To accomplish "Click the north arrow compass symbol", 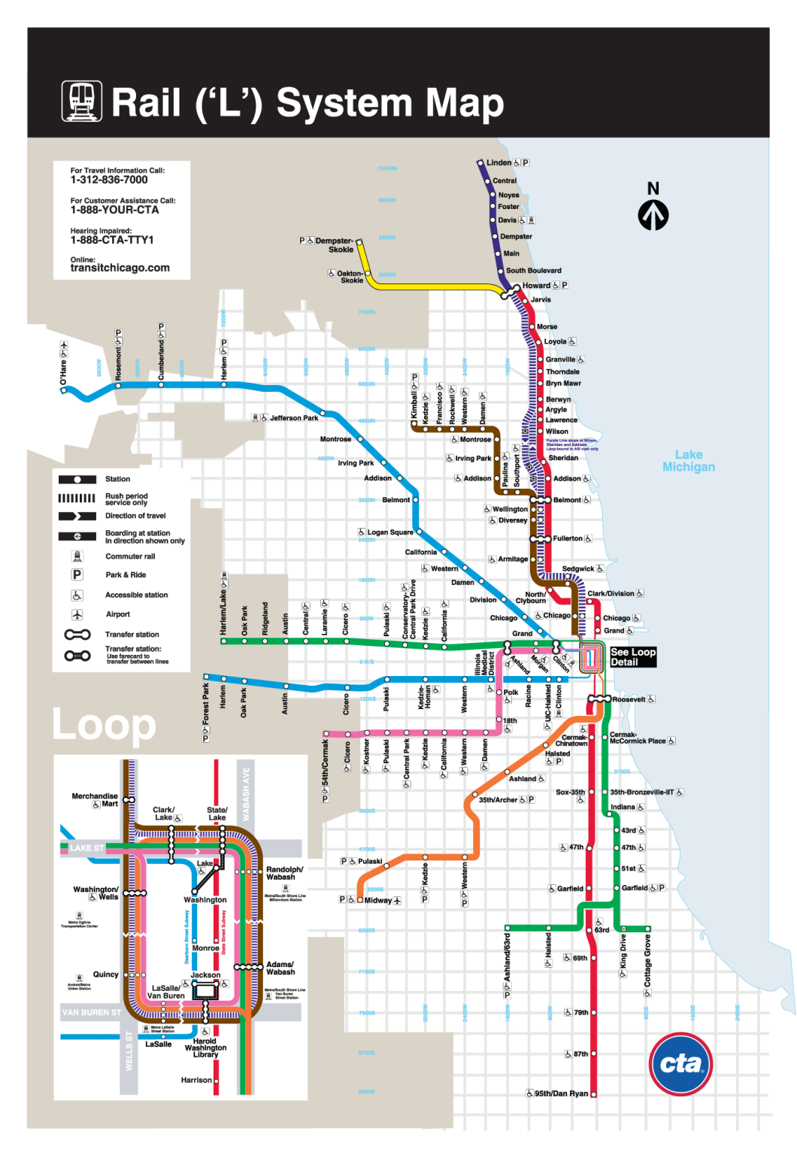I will pyautogui.click(x=653, y=215).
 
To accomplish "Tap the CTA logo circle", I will pyautogui.click(x=680, y=1064).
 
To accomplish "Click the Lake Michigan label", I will pyautogui.click(x=688, y=461).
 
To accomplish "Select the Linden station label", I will pyautogui.click(x=499, y=162).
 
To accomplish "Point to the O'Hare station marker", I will pyautogui.click(x=63, y=390).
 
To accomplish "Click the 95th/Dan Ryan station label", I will pyautogui.click(x=561, y=1093).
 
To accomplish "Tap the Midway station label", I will pyautogui.click(x=377, y=900).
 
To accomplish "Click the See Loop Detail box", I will pyautogui.click(x=633, y=657).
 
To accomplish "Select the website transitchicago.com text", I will pyautogui.click(x=120, y=268).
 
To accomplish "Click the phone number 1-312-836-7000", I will pyautogui.click(x=109, y=180).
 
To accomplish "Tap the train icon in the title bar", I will pyautogui.click(x=81, y=102).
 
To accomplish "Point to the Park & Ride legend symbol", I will pyautogui.click(x=77, y=574).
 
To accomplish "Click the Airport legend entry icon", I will pyautogui.click(x=77, y=614).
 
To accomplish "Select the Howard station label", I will pyautogui.click(x=536, y=286).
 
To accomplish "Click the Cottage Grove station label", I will pyautogui.click(x=647, y=961).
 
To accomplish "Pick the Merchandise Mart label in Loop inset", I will pyautogui.click(x=95, y=799).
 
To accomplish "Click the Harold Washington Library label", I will pyautogui.click(x=205, y=1048).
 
